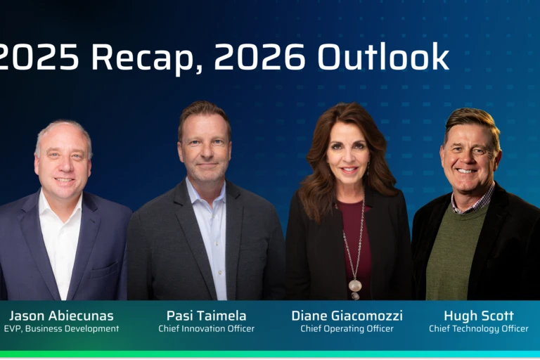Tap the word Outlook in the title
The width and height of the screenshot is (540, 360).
(x=383, y=56)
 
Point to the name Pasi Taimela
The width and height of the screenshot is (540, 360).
(x=206, y=316)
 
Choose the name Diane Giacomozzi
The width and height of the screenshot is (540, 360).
(x=347, y=316)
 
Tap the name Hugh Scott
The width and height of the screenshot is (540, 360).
(x=478, y=316)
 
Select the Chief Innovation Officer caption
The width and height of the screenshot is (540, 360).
(x=206, y=329)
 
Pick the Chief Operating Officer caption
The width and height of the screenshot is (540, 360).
(x=347, y=329)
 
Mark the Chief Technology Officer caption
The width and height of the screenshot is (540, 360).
(x=478, y=329)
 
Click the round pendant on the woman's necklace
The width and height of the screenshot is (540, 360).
(x=355, y=285)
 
